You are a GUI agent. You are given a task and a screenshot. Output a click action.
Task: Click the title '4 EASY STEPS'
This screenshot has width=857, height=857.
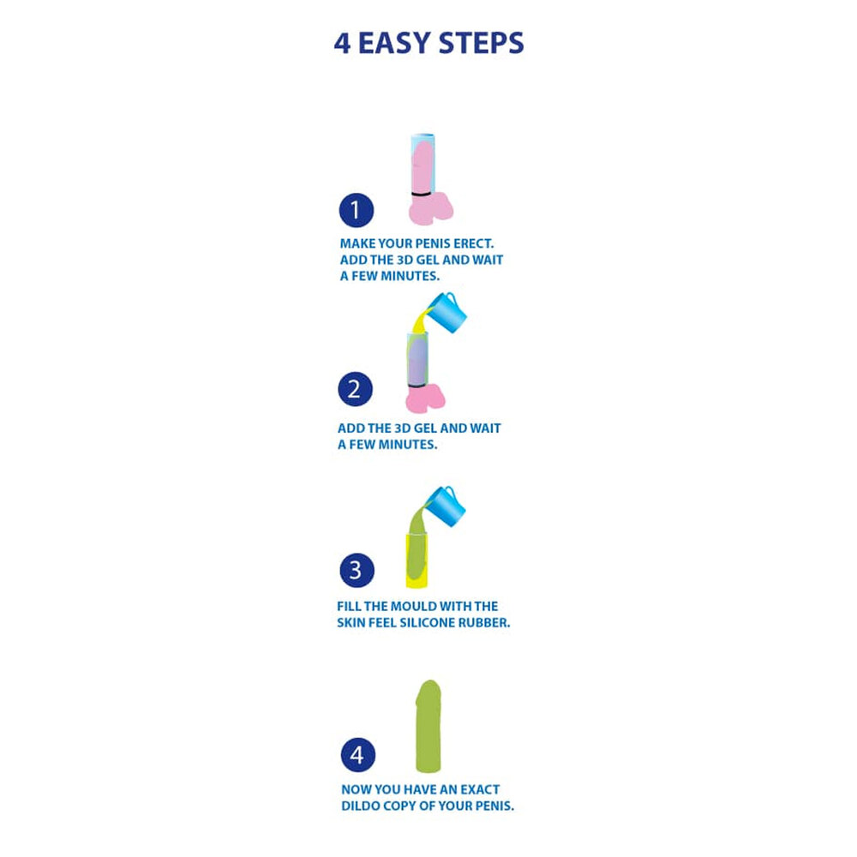click(429, 43)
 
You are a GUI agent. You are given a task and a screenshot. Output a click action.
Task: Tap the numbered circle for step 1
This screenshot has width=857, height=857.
click(357, 211)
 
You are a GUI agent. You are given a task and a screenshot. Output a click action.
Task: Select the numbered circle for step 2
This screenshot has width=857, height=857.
click(356, 389)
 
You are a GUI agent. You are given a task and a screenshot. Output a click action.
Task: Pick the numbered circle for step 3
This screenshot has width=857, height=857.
click(357, 570)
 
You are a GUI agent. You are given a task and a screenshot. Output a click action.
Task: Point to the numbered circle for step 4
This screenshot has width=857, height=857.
click(358, 755)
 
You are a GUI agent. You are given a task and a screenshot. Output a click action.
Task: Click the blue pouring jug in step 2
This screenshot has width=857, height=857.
click(447, 313)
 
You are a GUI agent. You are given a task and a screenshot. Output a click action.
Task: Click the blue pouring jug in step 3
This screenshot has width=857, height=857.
click(446, 506)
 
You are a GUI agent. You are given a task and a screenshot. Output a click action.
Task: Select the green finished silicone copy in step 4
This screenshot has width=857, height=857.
click(428, 727)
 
